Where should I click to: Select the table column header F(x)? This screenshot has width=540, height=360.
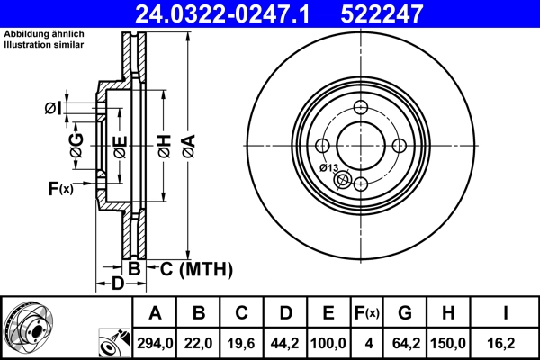pos(367,313)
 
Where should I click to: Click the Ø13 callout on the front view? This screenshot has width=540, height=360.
pos(328,168)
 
